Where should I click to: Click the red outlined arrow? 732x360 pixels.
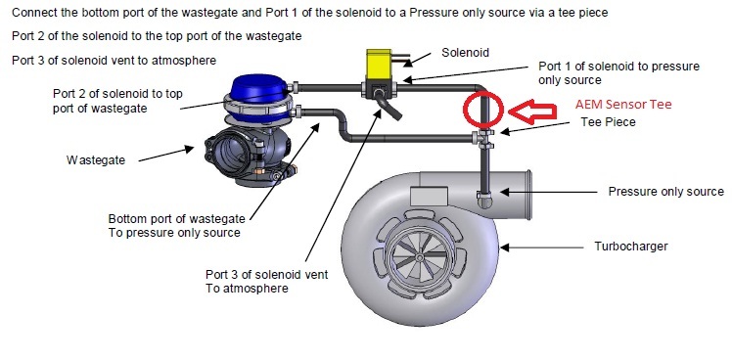(532, 112)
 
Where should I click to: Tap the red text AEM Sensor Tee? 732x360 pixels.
(623, 104)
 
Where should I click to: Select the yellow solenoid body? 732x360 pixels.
(379, 65)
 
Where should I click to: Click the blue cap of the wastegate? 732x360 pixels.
(257, 88)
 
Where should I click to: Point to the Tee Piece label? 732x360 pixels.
(608, 122)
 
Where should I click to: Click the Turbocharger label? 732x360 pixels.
(630, 247)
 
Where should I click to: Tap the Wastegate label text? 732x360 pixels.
(96, 160)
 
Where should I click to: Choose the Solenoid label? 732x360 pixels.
(465, 52)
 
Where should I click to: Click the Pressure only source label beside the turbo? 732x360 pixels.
(665, 192)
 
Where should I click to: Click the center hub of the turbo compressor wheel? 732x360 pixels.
(419, 257)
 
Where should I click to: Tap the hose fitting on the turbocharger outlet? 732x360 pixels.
(483, 200)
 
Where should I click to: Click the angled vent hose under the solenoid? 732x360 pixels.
(389, 107)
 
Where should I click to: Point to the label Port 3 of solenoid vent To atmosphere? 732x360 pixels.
(266, 281)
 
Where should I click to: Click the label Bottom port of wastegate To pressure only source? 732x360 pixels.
(176, 226)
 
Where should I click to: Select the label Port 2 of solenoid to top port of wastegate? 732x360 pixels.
(117, 101)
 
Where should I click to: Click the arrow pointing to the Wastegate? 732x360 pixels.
(166, 155)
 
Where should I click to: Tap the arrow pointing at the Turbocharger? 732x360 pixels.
(542, 247)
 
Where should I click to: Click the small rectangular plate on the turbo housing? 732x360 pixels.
(429, 196)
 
